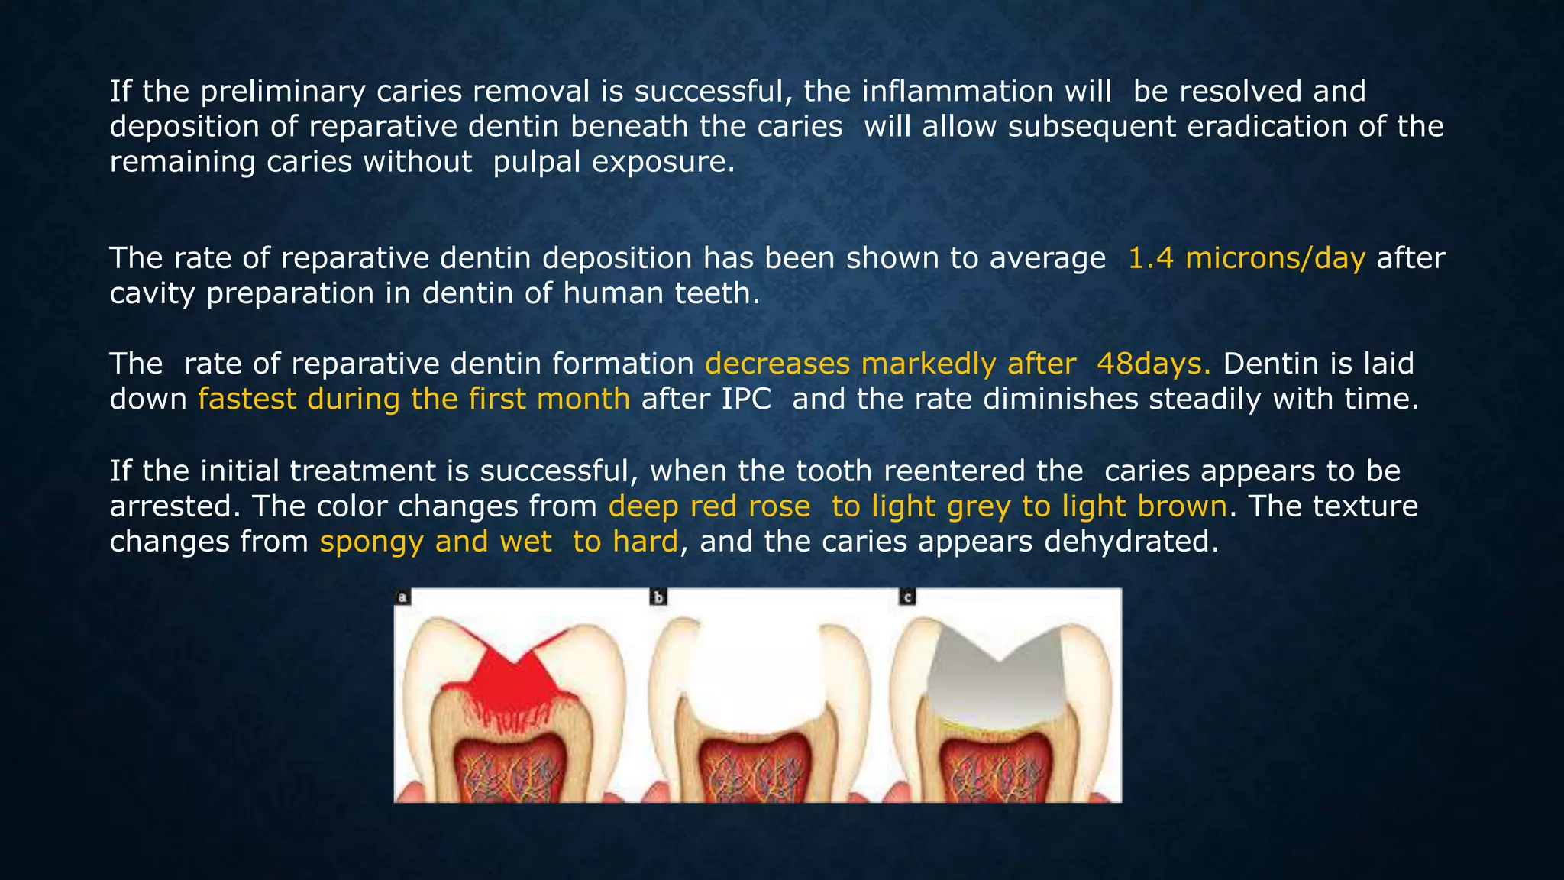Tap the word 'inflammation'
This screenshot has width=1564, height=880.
[986, 92]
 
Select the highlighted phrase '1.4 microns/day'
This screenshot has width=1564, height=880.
[1246, 258]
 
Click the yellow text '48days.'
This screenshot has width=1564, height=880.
[1153, 364]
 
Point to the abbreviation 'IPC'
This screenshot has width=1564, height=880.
[746, 399]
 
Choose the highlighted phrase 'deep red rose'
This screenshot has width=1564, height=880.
[709, 506]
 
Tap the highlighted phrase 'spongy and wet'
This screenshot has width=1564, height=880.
[435, 542]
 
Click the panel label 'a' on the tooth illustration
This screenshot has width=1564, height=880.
[402, 597]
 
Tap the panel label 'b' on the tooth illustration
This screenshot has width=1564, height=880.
[658, 597]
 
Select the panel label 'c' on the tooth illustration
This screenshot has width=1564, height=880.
[907, 597]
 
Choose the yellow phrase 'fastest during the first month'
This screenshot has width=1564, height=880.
[414, 399]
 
